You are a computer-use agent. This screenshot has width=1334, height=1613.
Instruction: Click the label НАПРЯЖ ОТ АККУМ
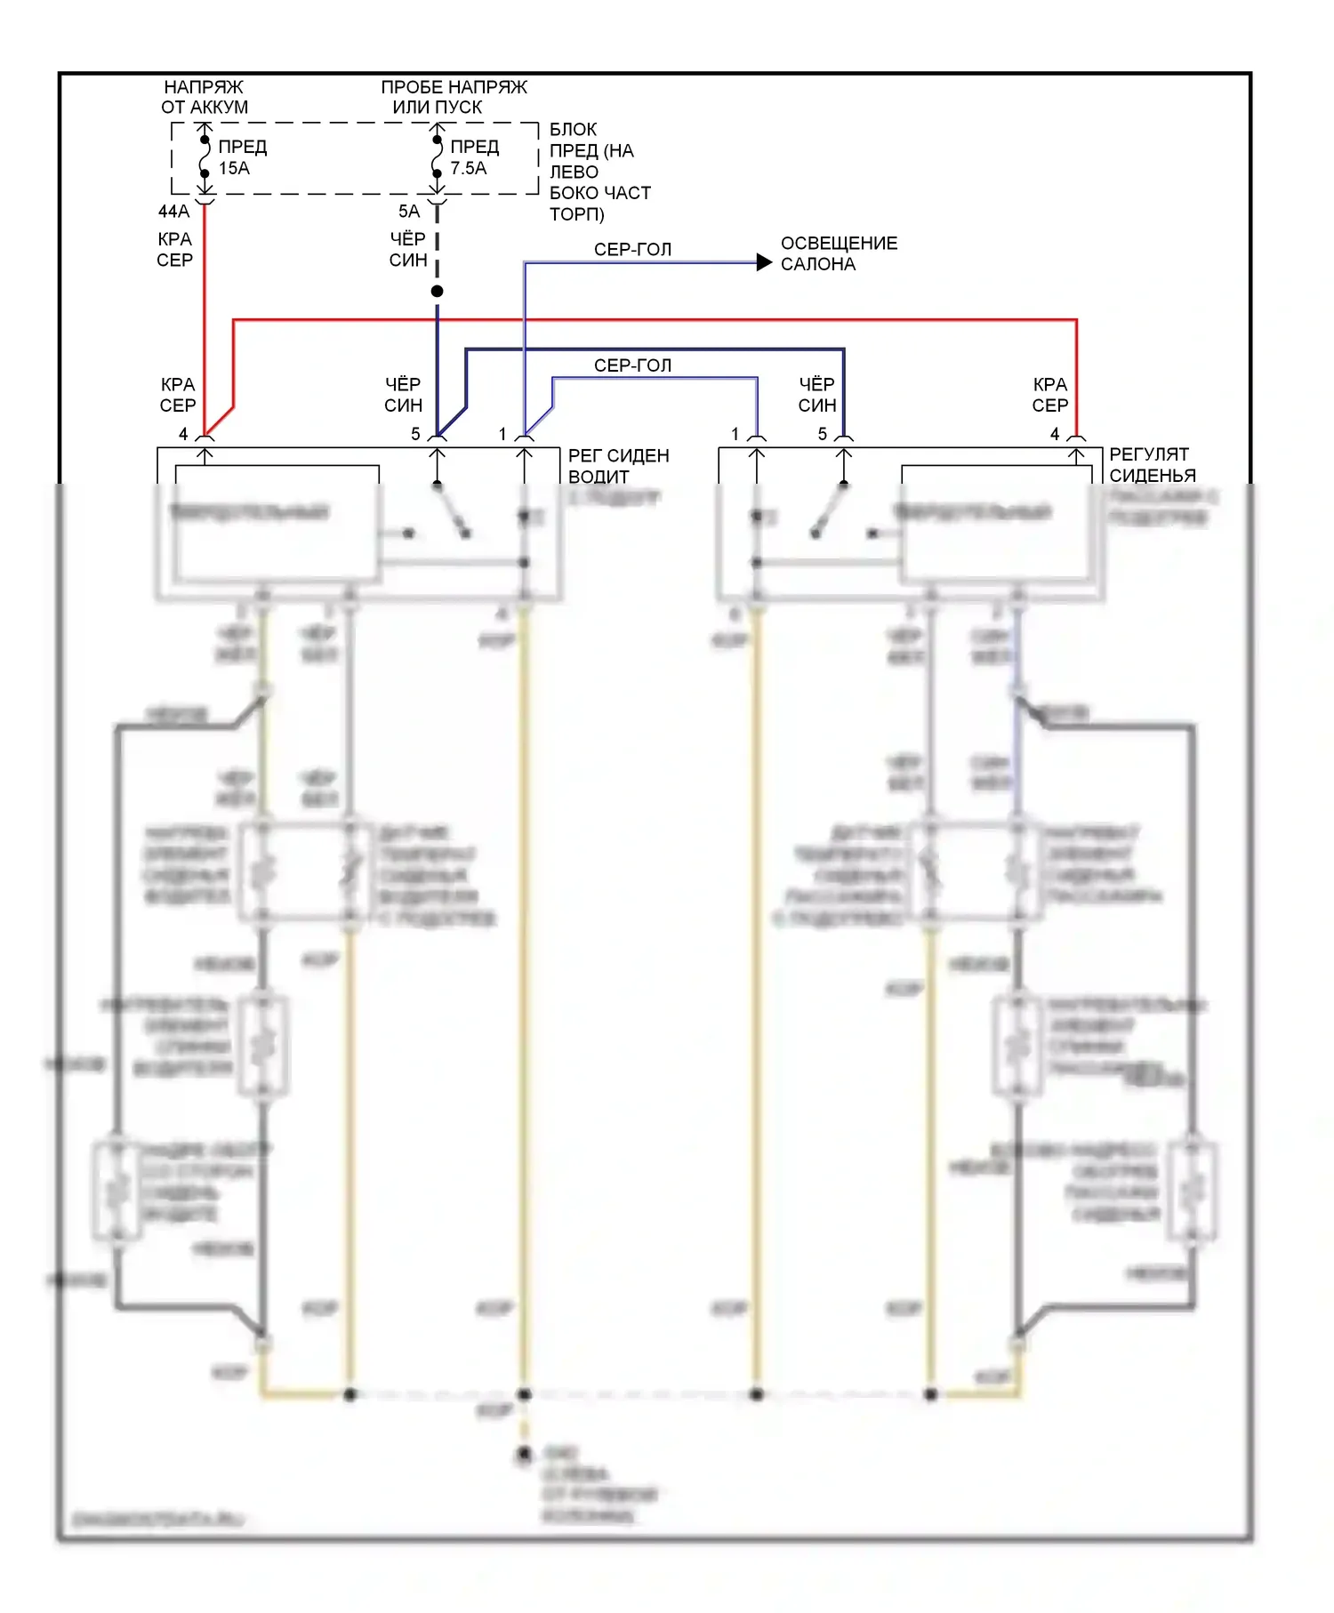point(204,97)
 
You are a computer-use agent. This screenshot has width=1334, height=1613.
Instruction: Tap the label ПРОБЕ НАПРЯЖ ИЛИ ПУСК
point(454,97)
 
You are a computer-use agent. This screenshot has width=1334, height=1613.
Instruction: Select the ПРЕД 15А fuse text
point(242,157)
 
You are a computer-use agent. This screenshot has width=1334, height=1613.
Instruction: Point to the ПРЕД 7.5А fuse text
point(474,157)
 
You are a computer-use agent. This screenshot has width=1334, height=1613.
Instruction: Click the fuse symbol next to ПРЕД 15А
point(205,157)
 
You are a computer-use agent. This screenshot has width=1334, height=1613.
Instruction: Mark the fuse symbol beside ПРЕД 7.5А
point(437,157)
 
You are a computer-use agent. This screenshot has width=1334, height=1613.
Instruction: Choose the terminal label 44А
point(173,212)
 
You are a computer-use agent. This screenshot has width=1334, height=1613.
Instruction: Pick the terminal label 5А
point(408,212)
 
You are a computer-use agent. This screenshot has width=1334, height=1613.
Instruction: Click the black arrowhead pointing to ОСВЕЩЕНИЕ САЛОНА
point(764,262)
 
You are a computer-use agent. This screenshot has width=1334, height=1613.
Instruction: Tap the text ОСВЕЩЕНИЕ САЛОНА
point(839,253)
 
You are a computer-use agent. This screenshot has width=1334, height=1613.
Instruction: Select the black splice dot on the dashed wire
point(437,292)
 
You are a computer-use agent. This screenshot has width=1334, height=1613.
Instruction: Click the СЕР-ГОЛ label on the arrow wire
point(632,250)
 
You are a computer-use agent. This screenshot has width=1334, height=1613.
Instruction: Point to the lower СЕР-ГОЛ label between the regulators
point(632,365)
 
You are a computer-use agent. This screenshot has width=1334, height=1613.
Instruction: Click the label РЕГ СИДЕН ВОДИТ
point(618,466)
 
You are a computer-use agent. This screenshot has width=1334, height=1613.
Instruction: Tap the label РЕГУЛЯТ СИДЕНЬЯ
point(1152,465)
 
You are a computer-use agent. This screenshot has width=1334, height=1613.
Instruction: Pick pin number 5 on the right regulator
point(823,434)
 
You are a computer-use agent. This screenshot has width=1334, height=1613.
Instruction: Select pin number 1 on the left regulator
point(502,434)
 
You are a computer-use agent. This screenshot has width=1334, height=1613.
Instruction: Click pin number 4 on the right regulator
point(1055,434)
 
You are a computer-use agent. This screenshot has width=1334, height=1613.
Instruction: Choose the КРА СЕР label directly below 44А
point(174,250)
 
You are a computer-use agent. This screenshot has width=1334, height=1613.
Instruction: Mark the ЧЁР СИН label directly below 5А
point(408,250)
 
